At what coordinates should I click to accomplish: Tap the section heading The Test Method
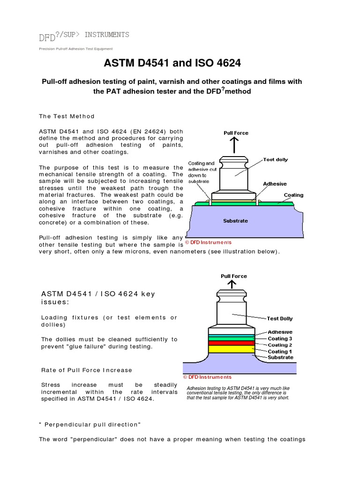[67, 116]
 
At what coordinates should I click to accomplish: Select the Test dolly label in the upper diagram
[276, 159]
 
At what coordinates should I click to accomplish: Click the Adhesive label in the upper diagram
[275, 184]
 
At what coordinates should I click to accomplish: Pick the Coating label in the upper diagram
[293, 195]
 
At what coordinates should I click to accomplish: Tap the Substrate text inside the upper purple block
[235, 221]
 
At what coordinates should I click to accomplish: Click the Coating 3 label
[280, 338]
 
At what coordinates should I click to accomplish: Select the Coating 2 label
[280, 345]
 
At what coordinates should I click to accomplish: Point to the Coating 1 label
[280, 352]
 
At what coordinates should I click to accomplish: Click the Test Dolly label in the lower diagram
[280, 319]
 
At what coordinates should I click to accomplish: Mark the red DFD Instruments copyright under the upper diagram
[208, 242]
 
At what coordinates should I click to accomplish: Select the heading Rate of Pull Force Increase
[87, 370]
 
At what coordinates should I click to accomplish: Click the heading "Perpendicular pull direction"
[90, 424]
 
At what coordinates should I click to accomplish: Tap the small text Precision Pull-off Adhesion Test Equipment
[75, 49]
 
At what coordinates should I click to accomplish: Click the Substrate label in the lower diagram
[280, 358]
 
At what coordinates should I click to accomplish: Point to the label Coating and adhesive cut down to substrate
[202, 172]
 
